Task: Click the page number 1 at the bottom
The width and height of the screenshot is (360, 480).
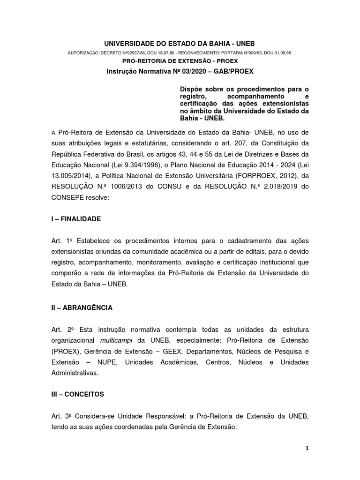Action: coord(307,448)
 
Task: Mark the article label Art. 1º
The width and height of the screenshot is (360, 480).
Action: coord(61,241)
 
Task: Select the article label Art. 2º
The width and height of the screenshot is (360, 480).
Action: coord(61,330)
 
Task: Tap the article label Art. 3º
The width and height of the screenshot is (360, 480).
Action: coord(61,416)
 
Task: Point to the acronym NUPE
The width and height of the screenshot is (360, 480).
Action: coord(93,362)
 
